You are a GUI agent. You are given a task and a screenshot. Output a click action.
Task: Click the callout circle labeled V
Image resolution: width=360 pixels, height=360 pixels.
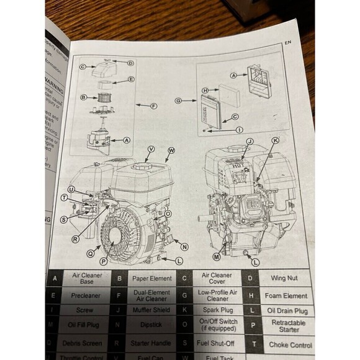(x=151, y=150)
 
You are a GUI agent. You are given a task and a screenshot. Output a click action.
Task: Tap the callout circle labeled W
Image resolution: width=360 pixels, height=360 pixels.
(x=171, y=150)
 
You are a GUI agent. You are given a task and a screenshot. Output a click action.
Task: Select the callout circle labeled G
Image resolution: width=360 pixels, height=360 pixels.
(x=178, y=100)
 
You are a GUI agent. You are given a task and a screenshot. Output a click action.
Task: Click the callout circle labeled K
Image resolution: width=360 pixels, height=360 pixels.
(x=275, y=141)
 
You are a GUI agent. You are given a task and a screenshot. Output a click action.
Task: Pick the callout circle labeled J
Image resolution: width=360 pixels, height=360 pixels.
(x=250, y=142)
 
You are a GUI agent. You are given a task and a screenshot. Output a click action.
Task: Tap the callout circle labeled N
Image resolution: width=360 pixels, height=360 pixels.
(x=185, y=246)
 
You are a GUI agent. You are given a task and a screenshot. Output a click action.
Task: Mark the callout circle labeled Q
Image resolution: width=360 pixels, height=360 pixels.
(x=91, y=253)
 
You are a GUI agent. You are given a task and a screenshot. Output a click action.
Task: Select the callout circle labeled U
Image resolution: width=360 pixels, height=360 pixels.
(x=71, y=189)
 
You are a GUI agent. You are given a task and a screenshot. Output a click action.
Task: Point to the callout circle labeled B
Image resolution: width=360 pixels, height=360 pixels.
(x=83, y=97)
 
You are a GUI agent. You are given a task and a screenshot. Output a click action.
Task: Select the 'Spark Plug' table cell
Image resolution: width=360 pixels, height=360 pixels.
(x=217, y=309)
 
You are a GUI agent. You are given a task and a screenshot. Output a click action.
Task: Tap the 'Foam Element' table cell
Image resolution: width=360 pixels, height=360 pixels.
(x=286, y=296)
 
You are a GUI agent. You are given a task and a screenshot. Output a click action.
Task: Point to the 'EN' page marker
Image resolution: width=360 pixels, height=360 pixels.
(x=287, y=43)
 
